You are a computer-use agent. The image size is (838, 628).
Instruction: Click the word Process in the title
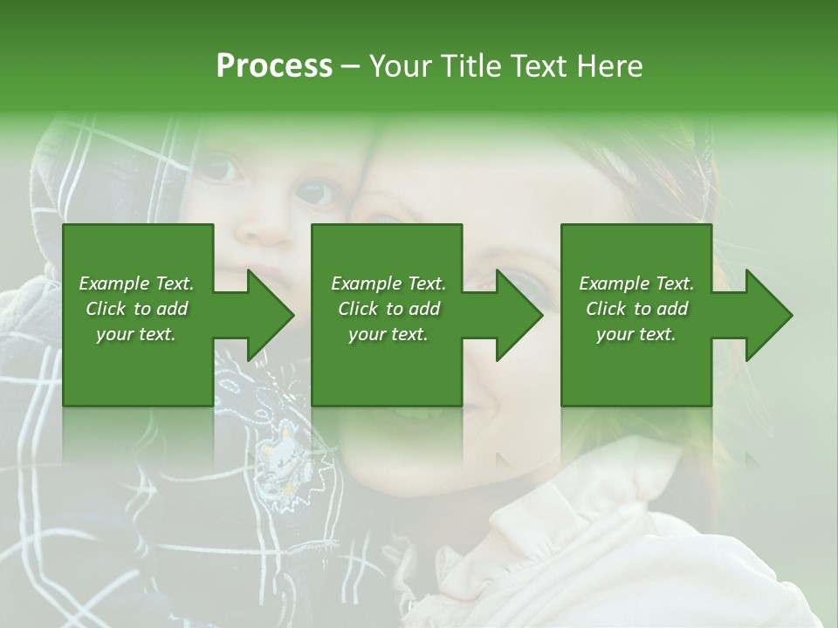tap(274, 66)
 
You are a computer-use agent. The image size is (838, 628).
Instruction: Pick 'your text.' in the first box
tap(136, 334)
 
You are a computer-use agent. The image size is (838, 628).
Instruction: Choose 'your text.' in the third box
tap(636, 334)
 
